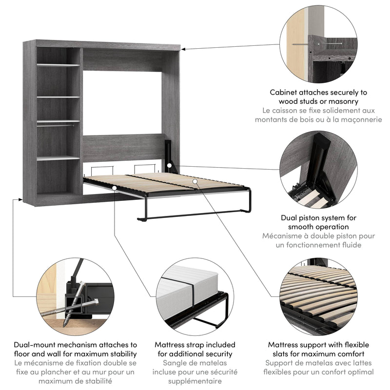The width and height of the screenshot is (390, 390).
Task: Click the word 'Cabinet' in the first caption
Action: point(285,92)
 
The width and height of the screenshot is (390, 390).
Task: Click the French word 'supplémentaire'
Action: point(195,381)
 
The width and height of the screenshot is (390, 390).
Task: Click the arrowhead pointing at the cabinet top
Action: point(184,48)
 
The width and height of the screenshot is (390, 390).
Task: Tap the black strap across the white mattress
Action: point(191,297)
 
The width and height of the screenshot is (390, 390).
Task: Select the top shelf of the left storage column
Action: point(58,64)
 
